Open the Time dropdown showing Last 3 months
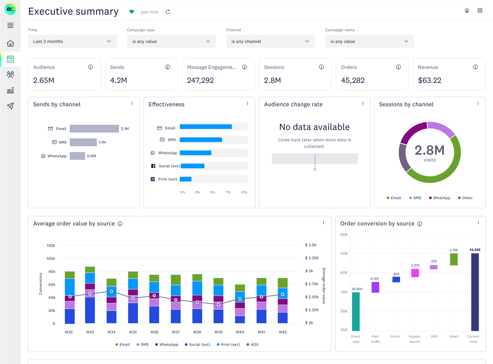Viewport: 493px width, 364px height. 72,41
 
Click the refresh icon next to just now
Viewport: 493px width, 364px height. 168,12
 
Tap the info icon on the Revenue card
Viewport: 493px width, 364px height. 475,67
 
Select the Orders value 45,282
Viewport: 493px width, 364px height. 352,80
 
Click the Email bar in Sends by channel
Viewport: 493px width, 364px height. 94,129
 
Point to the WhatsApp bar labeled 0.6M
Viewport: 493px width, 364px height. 77,156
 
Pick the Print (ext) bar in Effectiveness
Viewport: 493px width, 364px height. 186,179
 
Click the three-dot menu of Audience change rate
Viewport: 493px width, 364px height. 363,103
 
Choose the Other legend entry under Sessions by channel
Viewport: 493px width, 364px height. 465,198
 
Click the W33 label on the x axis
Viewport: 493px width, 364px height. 90,332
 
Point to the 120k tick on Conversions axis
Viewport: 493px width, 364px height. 51,245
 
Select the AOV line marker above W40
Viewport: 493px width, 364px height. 240,299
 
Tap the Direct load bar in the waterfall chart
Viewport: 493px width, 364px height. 356,311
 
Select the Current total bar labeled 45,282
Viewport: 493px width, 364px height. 475,292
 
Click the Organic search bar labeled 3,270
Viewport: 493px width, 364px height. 415,273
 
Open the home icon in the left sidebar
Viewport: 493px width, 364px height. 10,43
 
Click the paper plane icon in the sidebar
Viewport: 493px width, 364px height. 10,106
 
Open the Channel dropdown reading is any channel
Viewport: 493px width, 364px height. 270,41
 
